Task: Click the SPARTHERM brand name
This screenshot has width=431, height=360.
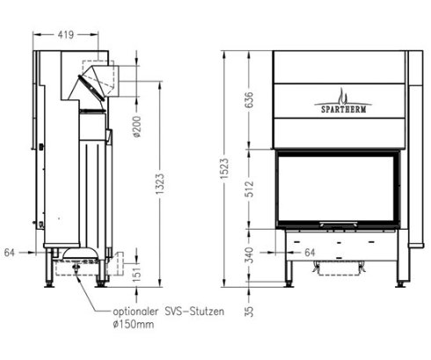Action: pos(341,111)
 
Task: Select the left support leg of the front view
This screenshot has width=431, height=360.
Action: pos(289,268)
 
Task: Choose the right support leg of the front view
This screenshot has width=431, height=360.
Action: pos(402,268)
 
